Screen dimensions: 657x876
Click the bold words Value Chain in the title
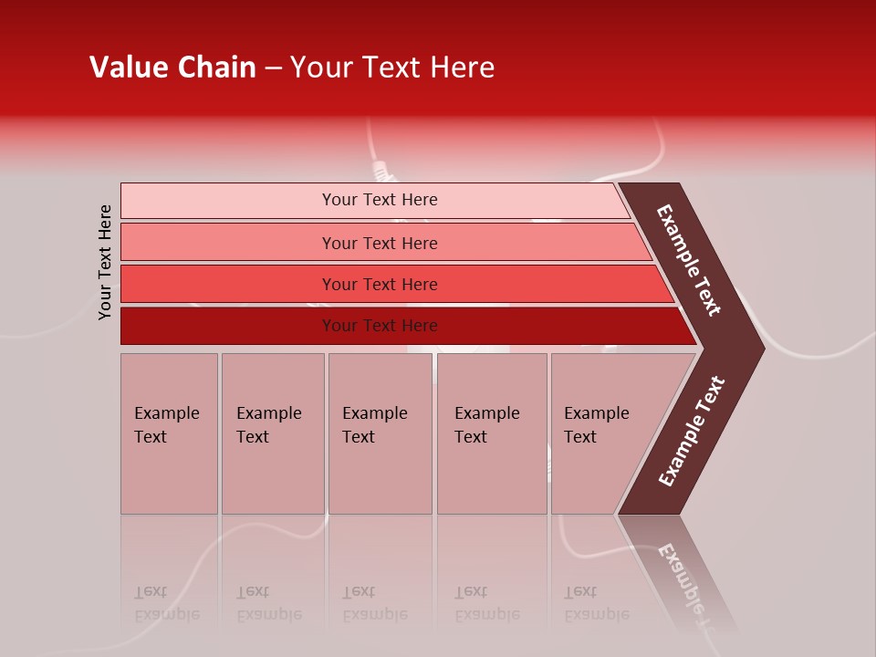coord(172,68)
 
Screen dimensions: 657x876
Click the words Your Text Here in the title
coord(392,68)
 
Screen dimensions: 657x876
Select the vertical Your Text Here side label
coord(105,262)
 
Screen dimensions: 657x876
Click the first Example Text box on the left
coord(169,433)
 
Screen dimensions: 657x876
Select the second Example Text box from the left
coord(272,433)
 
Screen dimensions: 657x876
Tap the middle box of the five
coord(380,433)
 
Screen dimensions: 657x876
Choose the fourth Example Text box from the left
coord(491,433)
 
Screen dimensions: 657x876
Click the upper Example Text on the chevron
coord(689,260)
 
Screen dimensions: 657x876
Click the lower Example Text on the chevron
coord(692,432)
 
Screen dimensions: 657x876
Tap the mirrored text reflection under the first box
coord(166,603)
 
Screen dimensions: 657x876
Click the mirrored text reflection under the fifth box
coord(596,603)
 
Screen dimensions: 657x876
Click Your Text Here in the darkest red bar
coord(380,326)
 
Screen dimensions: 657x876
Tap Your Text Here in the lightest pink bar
coord(380,200)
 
